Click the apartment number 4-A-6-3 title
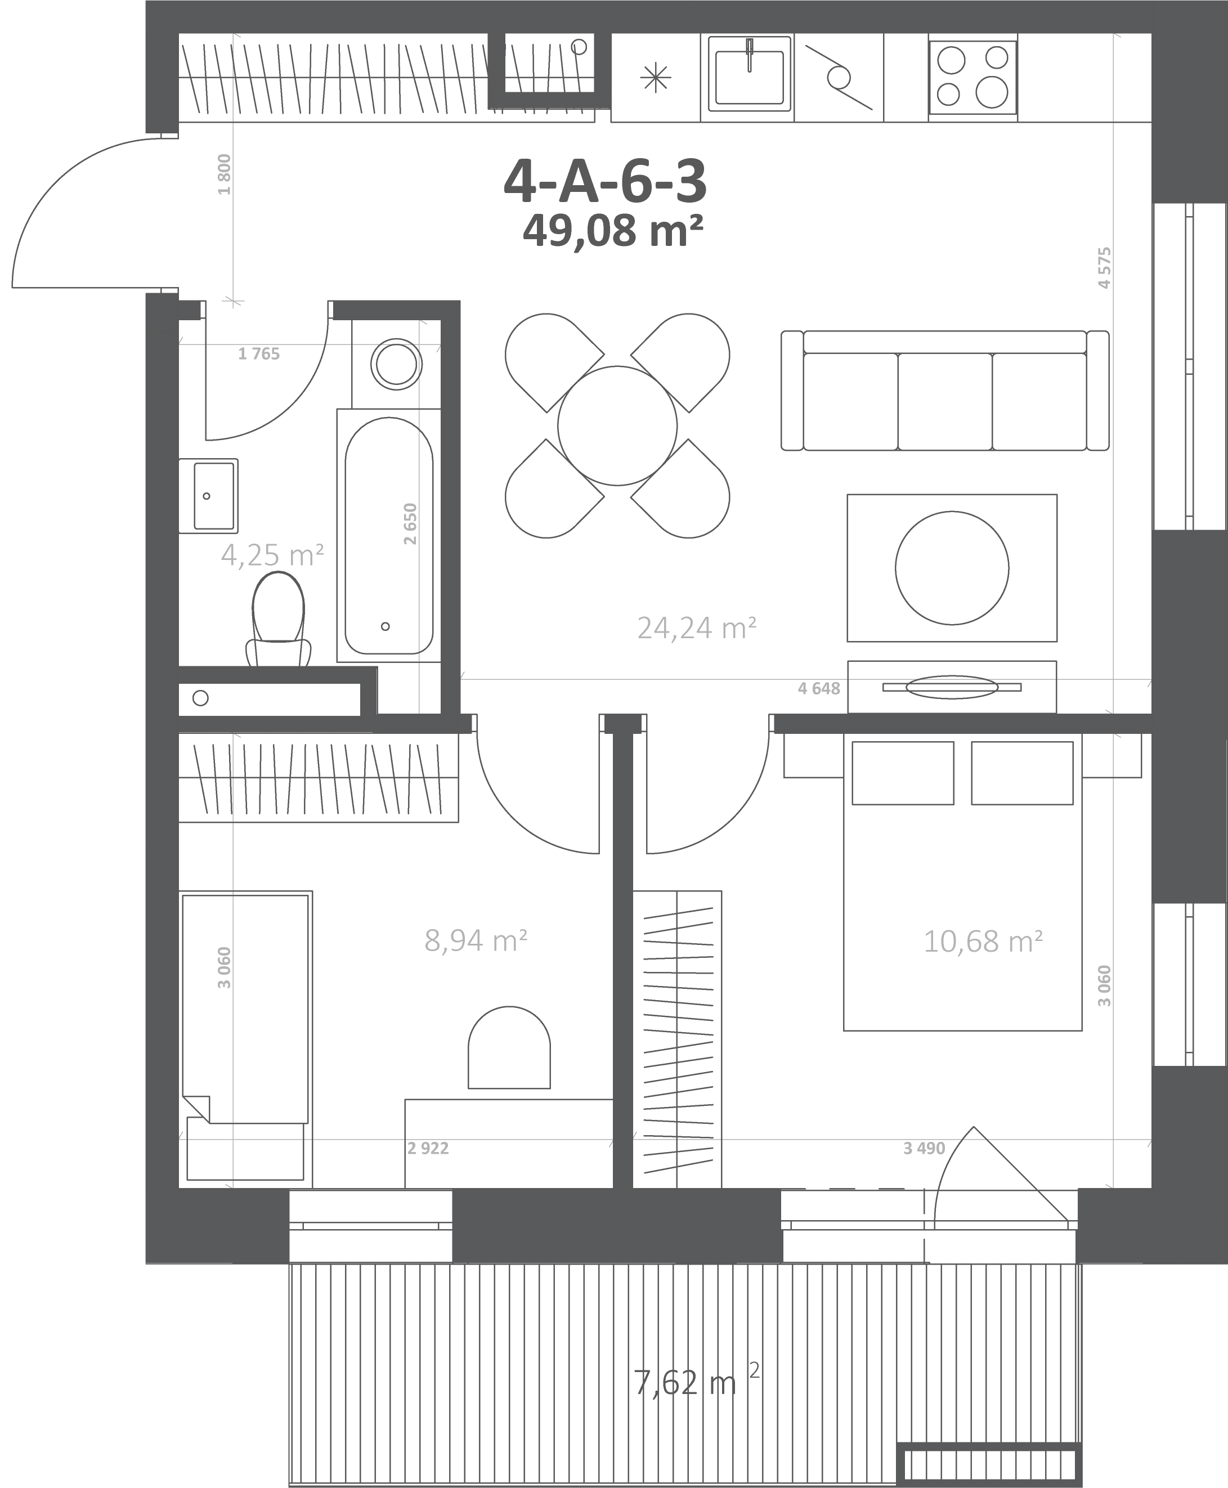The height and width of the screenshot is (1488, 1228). point(605,181)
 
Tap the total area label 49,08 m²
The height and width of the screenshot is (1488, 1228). point(612,231)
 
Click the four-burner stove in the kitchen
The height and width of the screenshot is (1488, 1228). point(972,77)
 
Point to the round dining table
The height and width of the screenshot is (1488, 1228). point(617,426)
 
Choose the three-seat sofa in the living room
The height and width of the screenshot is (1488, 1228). point(945,391)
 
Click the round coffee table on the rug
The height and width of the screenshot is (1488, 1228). point(952,568)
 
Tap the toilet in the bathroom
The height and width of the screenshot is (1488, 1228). point(279,619)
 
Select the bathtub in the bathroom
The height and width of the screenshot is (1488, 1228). point(389,535)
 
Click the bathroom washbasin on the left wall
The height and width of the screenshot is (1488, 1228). point(208,496)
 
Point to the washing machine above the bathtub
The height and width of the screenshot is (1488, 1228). point(396,364)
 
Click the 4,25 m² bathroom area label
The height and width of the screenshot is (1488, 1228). point(272,554)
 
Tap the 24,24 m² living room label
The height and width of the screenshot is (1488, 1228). point(697,628)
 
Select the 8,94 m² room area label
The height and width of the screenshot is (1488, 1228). point(476,940)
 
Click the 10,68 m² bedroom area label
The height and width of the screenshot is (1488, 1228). point(983,942)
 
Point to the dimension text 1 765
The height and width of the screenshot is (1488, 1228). point(259,353)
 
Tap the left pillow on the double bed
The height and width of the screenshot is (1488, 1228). point(903,773)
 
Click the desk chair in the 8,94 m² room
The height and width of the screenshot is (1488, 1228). point(509,1047)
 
